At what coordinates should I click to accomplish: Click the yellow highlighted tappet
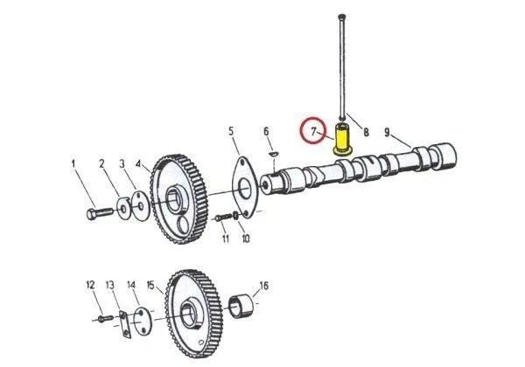341,140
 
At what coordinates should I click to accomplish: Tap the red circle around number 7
312,130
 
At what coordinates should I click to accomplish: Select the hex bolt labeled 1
100,212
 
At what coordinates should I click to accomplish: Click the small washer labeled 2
124,209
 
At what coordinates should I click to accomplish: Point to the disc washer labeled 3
141,206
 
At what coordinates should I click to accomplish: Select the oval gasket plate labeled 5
245,188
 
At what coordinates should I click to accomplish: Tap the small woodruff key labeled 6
274,154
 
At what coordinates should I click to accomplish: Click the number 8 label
366,132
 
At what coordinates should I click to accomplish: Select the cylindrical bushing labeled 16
241,306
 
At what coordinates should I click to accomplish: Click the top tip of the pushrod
342,16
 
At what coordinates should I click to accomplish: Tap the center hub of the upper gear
175,200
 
